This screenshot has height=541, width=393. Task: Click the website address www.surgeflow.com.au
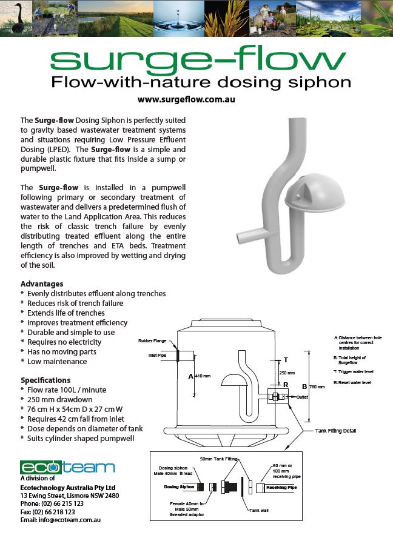pyautogui.click(x=186, y=99)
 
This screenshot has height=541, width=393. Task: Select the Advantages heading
pyautogui.click(x=42, y=284)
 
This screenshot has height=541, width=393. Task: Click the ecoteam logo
pyautogui.click(x=67, y=467)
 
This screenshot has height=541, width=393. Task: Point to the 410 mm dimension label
pyautogui.click(x=203, y=376)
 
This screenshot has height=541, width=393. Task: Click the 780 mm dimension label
pyautogui.click(x=317, y=386)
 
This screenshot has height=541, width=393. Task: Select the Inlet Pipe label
pyautogui.click(x=157, y=355)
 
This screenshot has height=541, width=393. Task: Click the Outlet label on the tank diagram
pyautogui.click(x=303, y=397)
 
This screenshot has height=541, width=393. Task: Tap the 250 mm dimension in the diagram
pyautogui.click(x=286, y=373)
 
